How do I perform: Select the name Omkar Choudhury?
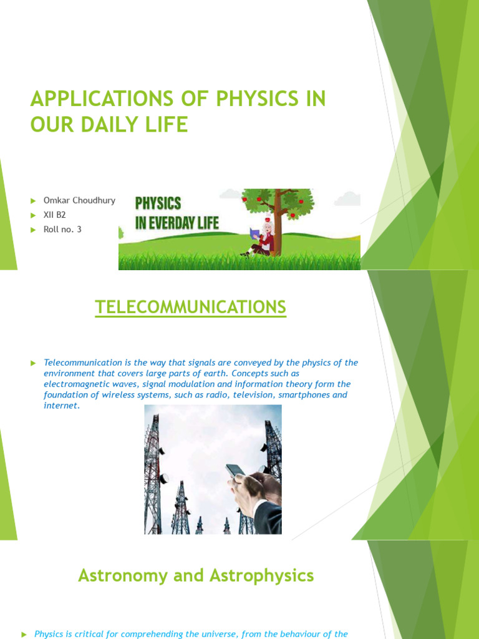pyautogui.click(x=79, y=200)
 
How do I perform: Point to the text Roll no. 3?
pyautogui.click(x=62, y=230)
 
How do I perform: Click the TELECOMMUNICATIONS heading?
pyautogui.click(x=190, y=307)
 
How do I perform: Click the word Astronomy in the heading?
pyautogui.click(x=122, y=575)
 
